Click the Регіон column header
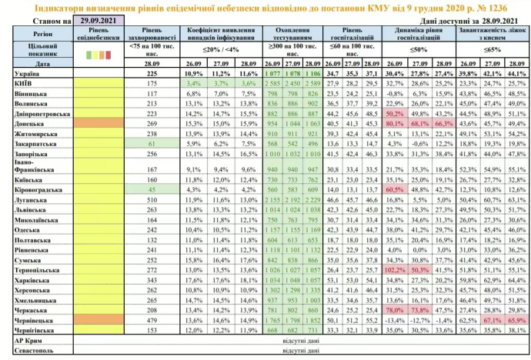(x=33, y=35)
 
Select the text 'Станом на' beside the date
(x=45, y=22)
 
